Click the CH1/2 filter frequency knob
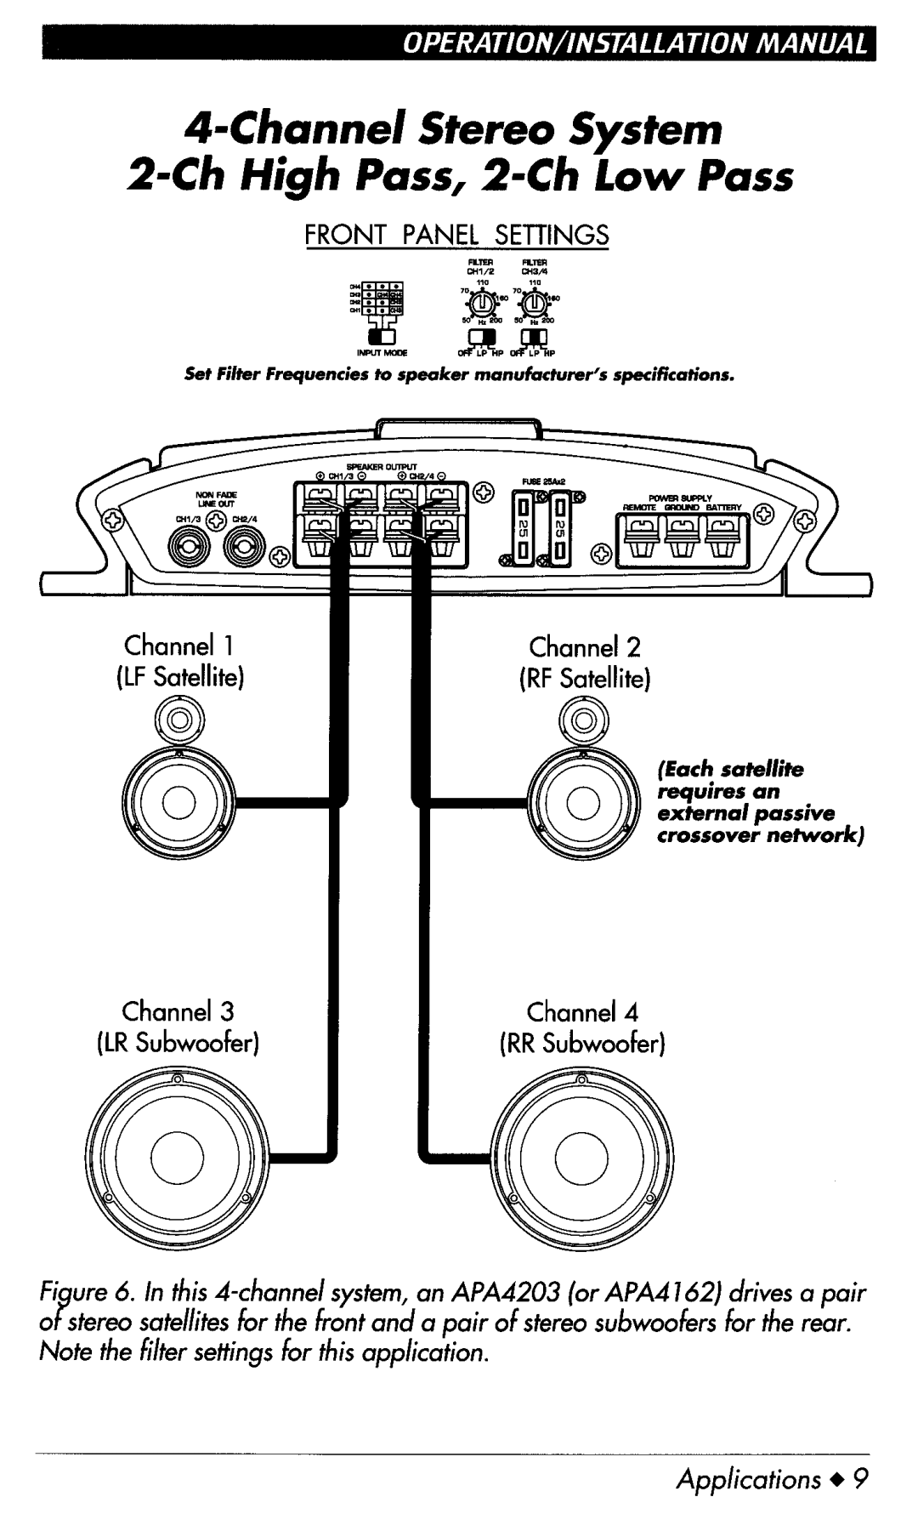pyautogui.click(x=481, y=305)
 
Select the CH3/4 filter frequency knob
pyautogui.click(x=533, y=305)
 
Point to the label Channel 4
pyautogui.click(x=581, y=1012)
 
